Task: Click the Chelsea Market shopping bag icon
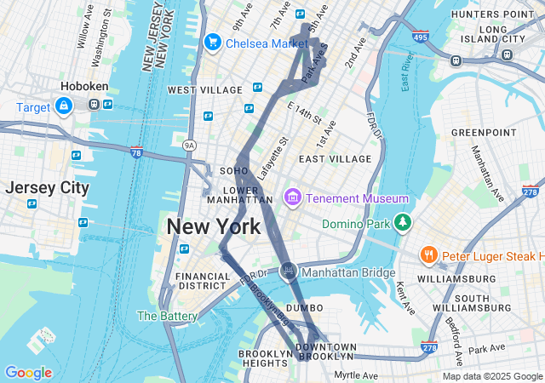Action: click(213, 42)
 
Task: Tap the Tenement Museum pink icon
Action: click(293, 197)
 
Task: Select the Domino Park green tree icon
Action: click(402, 223)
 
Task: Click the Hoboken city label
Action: click(83, 86)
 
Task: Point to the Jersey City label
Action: click(47, 188)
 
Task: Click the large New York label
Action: click(214, 227)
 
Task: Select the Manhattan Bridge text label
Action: click(348, 272)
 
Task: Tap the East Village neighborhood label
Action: click(335, 158)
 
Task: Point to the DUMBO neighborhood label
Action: click(305, 307)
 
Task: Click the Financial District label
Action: click(203, 282)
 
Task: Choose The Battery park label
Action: click(168, 316)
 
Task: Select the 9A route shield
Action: click(190, 146)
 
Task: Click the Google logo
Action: click(28, 372)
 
